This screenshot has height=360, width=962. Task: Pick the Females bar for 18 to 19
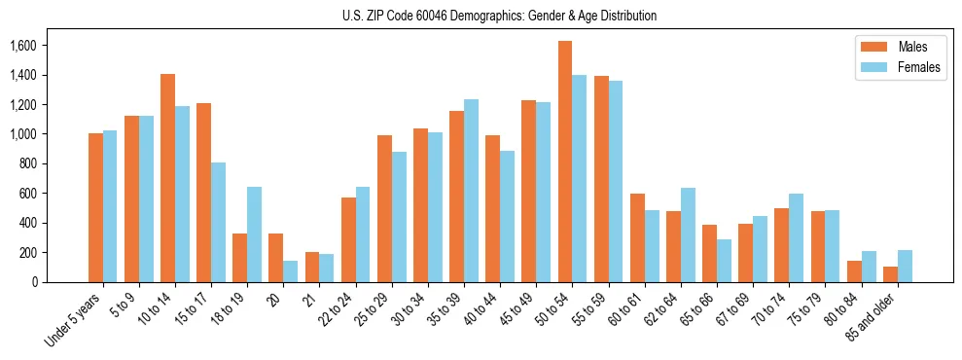coord(254,234)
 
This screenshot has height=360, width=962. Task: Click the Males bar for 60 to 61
coord(637,237)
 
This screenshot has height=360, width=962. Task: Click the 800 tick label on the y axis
coord(26,163)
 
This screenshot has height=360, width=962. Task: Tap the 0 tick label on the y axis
coord(34,282)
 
